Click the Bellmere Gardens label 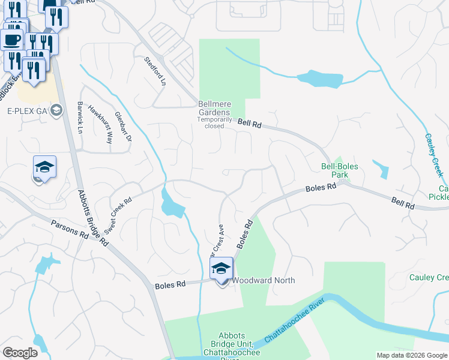tap(214, 112)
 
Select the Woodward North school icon tap(221, 270)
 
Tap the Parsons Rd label tap(70, 228)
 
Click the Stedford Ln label tap(154, 71)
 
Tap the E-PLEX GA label tap(27, 110)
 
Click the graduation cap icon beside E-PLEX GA tap(56, 110)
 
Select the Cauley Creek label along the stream tap(434, 154)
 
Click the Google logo tap(20, 353)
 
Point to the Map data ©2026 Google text tap(412, 355)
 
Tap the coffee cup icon tap(12, 40)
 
